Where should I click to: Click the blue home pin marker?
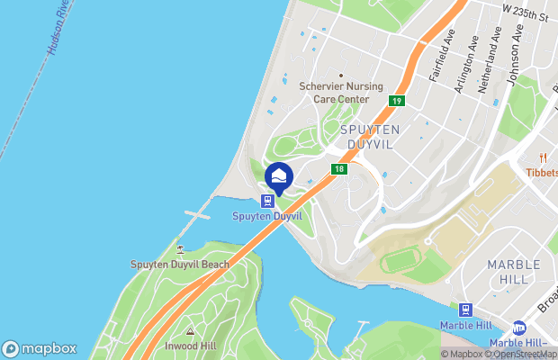click(x=279, y=176)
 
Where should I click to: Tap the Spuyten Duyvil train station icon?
click(x=268, y=201)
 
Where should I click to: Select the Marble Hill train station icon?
click(x=464, y=310)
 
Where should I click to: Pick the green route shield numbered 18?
click(x=338, y=168)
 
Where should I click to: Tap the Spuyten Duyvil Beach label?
click(x=180, y=265)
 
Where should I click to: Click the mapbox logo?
click(x=39, y=348)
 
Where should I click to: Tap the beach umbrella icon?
click(x=180, y=249)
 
